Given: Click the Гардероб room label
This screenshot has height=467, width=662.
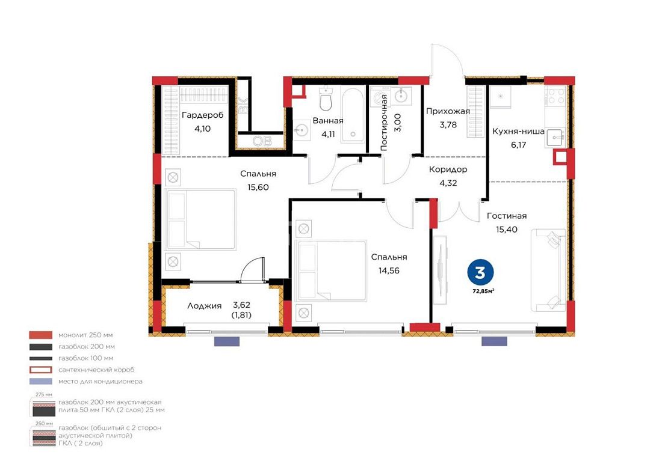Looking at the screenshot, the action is coord(202,115).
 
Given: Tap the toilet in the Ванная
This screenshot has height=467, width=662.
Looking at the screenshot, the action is coord(326,99).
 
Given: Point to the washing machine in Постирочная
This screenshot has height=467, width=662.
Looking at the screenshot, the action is coord(379,97).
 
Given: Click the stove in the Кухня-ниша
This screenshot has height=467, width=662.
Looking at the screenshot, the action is coord(555,96).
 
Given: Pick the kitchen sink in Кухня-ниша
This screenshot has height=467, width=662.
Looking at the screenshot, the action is coord(555,136).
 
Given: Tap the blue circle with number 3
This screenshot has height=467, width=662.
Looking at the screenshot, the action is coord(480,273).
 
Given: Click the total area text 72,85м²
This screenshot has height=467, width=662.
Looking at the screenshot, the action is coord(483,291).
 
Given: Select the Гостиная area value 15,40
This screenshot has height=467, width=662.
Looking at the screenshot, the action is coord(507,229).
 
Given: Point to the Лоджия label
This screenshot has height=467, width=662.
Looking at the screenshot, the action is coord(205,306).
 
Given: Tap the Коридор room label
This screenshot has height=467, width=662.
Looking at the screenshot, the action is coord(448,169).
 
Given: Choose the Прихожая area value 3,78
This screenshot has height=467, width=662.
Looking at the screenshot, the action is coord(448,125).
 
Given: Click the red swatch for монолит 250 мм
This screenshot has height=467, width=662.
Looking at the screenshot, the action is coord(40,335).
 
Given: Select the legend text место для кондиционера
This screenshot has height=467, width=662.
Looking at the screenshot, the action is coord(101,382).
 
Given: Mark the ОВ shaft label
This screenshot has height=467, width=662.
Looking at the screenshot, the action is coord(262,141).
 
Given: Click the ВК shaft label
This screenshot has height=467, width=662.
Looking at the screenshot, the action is coord(244,105).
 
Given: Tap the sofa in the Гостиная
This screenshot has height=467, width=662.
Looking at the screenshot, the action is coord(548,270).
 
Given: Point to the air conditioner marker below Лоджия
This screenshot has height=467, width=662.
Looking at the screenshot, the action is coord(227,341).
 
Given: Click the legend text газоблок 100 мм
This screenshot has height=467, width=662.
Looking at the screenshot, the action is coord(85,358).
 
